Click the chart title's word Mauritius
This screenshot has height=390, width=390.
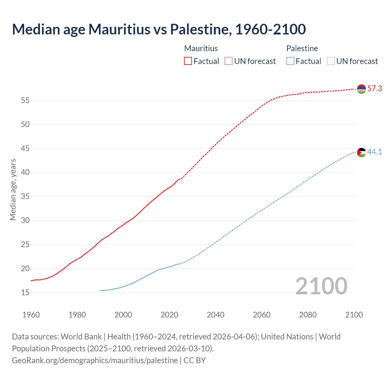tap(119, 29)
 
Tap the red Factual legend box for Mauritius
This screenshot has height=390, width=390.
tap(188, 61)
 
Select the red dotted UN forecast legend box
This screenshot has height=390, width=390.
tap(229, 61)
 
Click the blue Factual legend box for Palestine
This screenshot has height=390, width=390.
tap(290, 61)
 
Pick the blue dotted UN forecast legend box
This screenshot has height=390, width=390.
tap(331, 61)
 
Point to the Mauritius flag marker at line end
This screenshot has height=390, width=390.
tap(361, 89)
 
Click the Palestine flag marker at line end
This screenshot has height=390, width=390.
tap(361, 152)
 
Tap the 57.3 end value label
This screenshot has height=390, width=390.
tap(374, 89)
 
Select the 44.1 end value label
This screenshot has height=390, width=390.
tap(374, 152)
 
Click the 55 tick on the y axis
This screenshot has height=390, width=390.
tap(25, 100)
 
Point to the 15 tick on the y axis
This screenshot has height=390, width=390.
tap(25, 292)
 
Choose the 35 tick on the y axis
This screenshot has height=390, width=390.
tap(25, 196)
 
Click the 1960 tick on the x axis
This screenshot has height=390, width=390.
tap(31, 315)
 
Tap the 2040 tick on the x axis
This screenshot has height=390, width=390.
tap(215, 315)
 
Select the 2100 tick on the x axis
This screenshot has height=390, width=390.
tap(354, 315)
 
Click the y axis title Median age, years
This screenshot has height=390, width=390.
tap(13, 190)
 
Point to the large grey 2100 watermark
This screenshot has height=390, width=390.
tap(321, 286)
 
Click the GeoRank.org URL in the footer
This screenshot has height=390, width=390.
tap(95, 360)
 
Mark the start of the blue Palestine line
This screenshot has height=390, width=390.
tap(101, 290)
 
